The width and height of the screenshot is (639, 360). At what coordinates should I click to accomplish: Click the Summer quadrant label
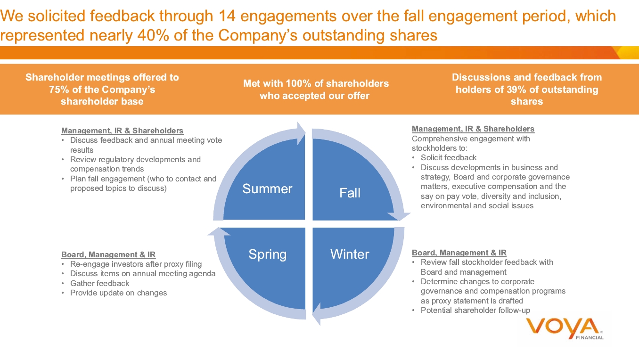pos(267,189)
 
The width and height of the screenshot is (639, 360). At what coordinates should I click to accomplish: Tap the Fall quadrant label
pos(350,193)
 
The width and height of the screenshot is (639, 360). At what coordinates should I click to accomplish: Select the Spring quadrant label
pos(267,254)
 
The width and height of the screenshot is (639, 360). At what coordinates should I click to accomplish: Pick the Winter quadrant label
pos(350,254)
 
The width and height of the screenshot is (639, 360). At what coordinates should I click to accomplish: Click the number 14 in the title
pos(229,16)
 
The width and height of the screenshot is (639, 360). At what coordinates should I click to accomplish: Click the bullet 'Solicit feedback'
pos(448,158)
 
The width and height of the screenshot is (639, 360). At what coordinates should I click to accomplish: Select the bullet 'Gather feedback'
pos(99,283)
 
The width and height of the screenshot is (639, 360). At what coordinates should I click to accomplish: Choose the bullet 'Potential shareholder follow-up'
pos(475,310)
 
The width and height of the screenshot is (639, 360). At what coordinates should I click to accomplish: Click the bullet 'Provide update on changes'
pos(118,293)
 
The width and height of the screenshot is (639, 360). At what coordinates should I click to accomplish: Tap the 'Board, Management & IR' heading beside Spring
pos(108,255)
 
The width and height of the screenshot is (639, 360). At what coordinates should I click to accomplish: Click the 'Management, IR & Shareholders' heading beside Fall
pos(473,129)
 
